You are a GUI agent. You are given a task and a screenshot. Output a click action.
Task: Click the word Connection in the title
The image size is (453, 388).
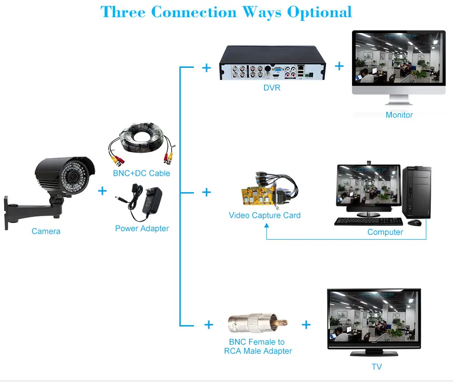click(194, 12)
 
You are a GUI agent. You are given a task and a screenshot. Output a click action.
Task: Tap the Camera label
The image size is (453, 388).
click(46, 231)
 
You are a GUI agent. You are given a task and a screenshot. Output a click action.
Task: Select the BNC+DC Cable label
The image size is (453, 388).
click(141, 173)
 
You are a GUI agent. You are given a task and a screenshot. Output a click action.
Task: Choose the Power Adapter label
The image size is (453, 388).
click(142, 228)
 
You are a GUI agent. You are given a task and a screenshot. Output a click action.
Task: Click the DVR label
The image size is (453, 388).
click(272, 88)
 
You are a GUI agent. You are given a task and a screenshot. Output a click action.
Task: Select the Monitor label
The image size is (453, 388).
click(399, 115)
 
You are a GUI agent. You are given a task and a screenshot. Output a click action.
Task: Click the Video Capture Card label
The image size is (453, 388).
click(265, 215)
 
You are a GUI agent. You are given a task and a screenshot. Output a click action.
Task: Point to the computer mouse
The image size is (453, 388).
click(414, 222)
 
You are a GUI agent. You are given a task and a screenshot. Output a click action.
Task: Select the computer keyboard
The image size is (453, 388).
click(368, 222)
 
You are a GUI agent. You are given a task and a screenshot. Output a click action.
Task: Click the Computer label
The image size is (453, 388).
click(385, 232)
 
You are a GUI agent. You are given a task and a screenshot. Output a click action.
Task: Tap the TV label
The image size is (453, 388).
click(377, 367)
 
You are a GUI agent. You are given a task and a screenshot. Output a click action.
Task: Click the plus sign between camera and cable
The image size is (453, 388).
click(102, 191)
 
